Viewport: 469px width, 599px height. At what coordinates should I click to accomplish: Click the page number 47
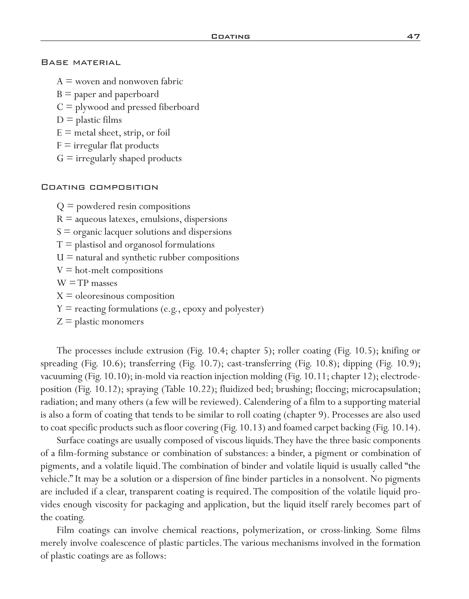[413, 36]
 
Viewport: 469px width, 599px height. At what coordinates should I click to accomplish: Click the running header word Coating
[230, 36]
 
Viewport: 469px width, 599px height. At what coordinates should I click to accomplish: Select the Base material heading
[81, 63]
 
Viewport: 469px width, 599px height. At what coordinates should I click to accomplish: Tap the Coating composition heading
[99, 188]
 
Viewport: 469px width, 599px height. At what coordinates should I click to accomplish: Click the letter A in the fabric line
[60, 82]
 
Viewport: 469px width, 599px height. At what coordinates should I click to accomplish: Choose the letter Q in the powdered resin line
[60, 207]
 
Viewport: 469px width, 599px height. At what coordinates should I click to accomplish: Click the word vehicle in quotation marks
[54, 479]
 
